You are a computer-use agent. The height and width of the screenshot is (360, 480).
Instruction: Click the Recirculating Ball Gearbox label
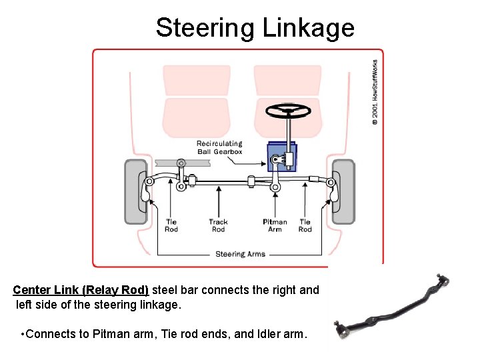pos(219,147)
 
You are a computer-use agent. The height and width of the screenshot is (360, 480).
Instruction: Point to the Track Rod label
pos(218,225)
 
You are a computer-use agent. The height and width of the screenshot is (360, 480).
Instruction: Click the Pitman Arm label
pos(275,225)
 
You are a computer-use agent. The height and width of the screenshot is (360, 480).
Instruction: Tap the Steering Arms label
pos(240,254)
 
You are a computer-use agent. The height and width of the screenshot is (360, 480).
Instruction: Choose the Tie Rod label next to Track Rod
pos(171,225)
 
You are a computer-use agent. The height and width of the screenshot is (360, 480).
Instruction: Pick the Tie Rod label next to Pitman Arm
pos(305,225)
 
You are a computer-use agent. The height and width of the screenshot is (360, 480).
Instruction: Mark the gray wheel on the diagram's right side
pos(343,191)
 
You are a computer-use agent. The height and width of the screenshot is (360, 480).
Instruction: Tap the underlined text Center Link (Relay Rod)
pos(81,291)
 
